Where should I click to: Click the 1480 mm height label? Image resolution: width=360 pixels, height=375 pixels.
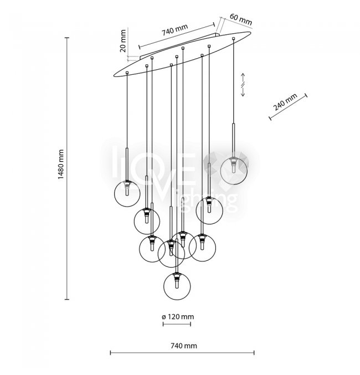pyautogui.click(x=61, y=164)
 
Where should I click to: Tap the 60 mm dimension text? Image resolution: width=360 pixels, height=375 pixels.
pyautogui.click(x=241, y=19)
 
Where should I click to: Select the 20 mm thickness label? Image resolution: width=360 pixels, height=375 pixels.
pyautogui.click(x=123, y=40)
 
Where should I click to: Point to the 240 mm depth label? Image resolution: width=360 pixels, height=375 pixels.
pyautogui.click(x=286, y=102)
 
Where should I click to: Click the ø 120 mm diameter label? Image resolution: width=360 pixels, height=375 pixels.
pyautogui.click(x=178, y=317)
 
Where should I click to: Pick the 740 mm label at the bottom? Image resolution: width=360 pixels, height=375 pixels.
pyautogui.click(x=184, y=346)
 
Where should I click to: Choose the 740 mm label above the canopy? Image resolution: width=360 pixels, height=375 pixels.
pyautogui.click(x=174, y=29)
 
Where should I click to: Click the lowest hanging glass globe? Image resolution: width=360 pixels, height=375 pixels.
pyautogui.click(x=177, y=286)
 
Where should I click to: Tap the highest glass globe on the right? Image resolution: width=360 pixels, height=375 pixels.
pyautogui.click(x=234, y=171)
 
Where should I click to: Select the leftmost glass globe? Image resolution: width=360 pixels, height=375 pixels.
pyautogui.click(x=127, y=193)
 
